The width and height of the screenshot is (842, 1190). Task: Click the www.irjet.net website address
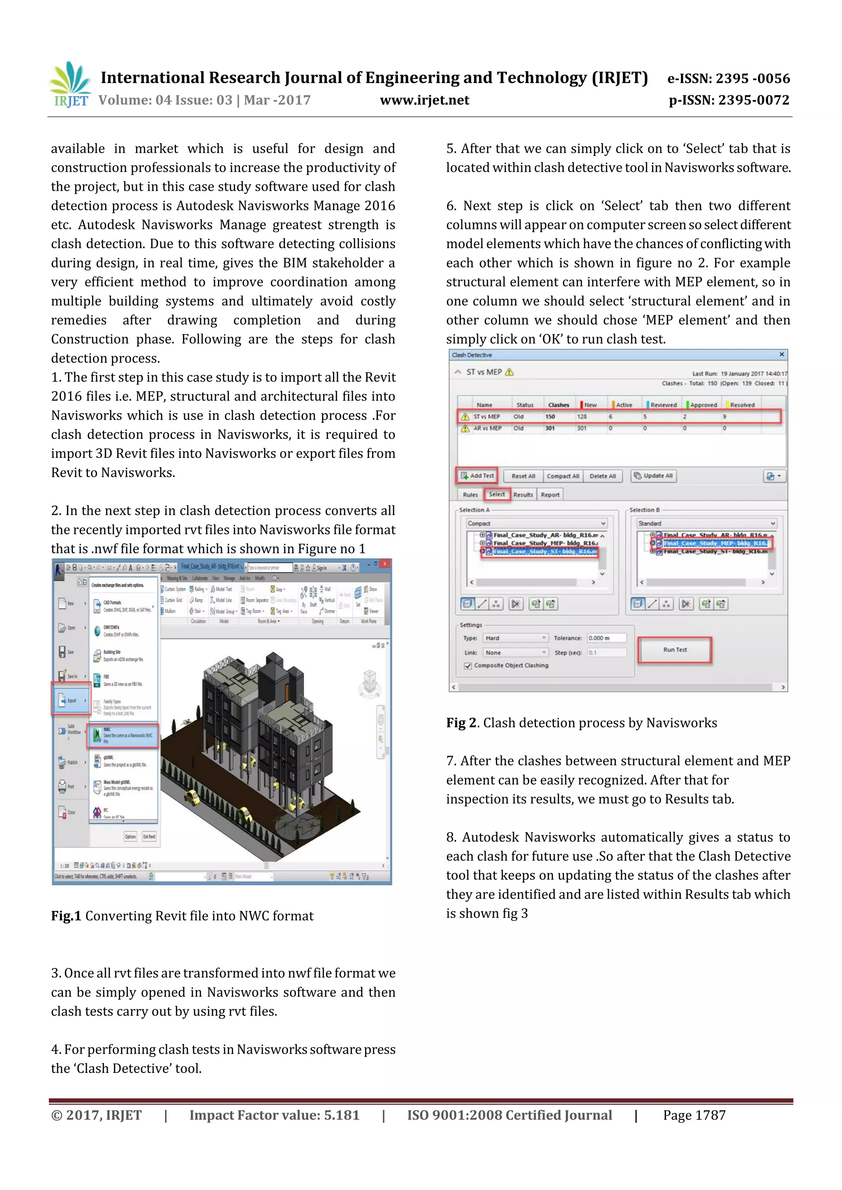[424, 100]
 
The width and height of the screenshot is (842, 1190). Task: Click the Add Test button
[477, 475]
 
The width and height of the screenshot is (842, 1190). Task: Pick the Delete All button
[602, 476]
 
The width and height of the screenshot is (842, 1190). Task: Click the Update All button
[653, 475]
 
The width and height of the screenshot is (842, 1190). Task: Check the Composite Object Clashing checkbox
[468, 666]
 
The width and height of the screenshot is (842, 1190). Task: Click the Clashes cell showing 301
[550, 428]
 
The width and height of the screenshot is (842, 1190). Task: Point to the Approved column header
[703, 405]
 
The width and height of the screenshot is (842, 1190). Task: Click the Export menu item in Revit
[71, 700]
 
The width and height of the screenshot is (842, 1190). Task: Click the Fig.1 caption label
[66, 916]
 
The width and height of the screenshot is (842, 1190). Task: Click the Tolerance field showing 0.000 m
[606, 638]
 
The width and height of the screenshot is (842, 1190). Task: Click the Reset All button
[523, 476]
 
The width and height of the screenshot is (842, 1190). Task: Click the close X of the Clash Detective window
[781, 355]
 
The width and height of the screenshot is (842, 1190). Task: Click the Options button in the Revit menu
[130, 837]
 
